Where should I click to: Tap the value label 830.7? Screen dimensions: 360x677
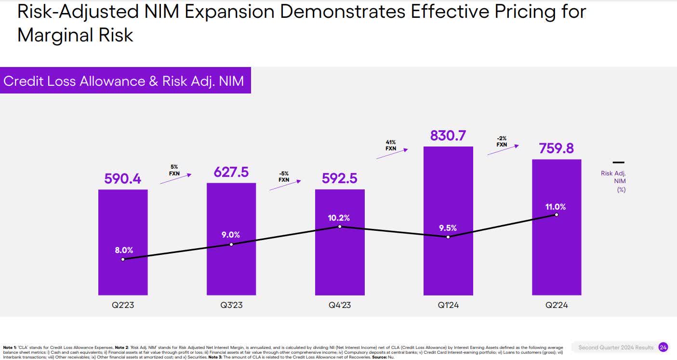(x=448, y=136)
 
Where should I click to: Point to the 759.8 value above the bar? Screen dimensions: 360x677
(x=557, y=148)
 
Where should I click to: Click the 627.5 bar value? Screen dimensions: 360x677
(x=231, y=172)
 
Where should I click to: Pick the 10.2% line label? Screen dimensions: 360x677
(x=340, y=218)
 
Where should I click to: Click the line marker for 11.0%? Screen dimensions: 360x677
(x=557, y=214)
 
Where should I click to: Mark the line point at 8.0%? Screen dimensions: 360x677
(x=123, y=259)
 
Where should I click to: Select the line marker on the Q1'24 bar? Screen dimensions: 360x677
(x=448, y=237)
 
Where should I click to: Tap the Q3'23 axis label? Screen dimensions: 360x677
(x=231, y=306)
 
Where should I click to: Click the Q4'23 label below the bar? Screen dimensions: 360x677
(x=340, y=306)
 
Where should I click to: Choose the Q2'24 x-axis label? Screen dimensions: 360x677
(x=557, y=306)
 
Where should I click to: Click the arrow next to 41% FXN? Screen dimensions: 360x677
(x=392, y=154)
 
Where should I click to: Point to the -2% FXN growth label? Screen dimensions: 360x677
(x=502, y=141)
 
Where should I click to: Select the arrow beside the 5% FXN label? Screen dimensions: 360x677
(x=175, y=179)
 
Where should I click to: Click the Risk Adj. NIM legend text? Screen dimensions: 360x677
(x=613, y=181)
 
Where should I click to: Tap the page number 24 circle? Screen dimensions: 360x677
(x=663, y=347)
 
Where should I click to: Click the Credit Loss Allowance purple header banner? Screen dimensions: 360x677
(x=125, y=80)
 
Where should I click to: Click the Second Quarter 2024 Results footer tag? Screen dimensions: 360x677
(x=616, y=347)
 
